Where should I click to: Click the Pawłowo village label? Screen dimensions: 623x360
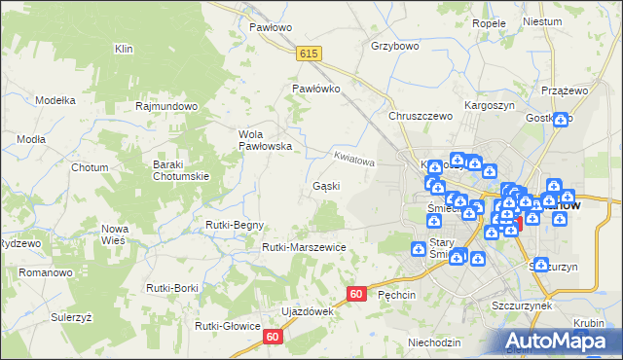tap(271, 27)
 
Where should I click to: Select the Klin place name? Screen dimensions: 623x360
tap(123, 48)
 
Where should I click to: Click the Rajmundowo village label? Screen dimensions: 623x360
tap(167, 106)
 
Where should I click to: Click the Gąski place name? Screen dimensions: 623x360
tap(326, 186)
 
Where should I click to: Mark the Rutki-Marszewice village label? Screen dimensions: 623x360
tap(304, 247)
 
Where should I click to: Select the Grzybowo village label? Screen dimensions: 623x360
tap(394, 46)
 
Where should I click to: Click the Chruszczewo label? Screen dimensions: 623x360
tap(421, 116)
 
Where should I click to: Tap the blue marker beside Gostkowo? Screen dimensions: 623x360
tap(561, 121)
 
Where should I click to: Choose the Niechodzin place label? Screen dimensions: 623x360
tap(434, 342)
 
